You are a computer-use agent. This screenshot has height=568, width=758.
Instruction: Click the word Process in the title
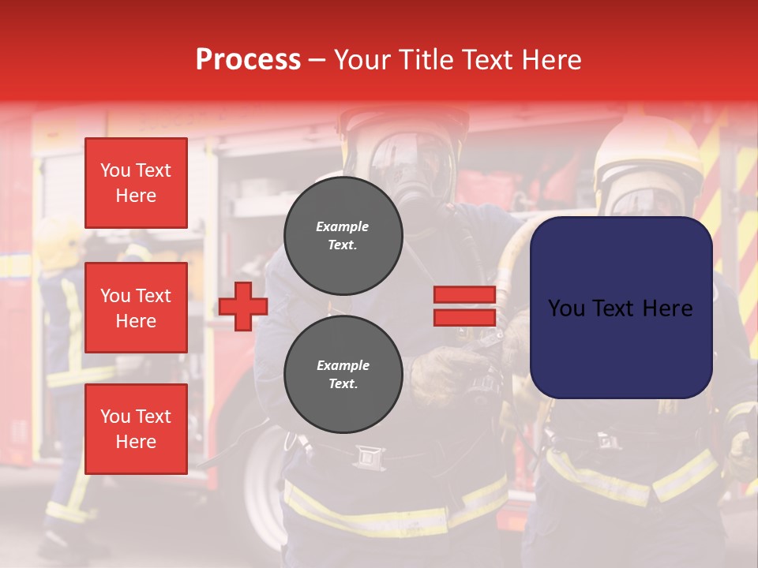click(x=248, y=59)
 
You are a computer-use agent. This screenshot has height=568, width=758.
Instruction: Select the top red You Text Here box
click(x=136, y=183)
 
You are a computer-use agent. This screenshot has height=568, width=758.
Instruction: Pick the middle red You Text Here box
click(x=136, y=308)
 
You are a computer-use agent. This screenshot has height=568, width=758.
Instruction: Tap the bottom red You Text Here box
click(x=136, y=428)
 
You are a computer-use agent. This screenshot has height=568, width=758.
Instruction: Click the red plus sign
click(x=243, y=306)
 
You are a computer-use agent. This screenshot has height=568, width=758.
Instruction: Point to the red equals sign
click(x=464, y=306)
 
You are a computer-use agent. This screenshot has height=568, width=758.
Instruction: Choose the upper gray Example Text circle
click(x=343, y=235)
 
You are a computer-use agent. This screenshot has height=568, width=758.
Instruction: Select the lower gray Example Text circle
click(x=343, y=374)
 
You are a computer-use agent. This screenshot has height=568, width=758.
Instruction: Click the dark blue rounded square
click(x=621, y=308)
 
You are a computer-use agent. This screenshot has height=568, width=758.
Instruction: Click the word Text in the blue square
click(x=618, y=308)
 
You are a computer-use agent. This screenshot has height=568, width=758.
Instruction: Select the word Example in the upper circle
click(x=343, y=226)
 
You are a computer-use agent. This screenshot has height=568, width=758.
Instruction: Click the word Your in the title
click(x=360, y=59)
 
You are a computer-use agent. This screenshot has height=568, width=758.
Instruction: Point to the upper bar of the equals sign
click(x=464, y=295)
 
